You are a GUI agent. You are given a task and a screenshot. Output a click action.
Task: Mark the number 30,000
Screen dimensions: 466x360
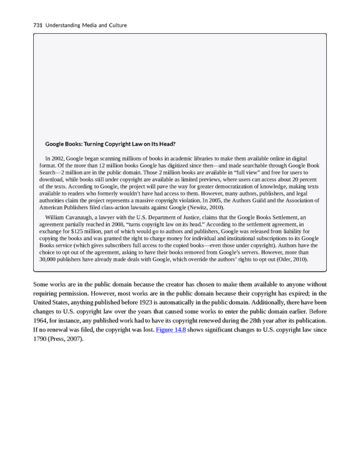50,259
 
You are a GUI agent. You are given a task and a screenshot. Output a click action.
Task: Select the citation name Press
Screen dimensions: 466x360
65,340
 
